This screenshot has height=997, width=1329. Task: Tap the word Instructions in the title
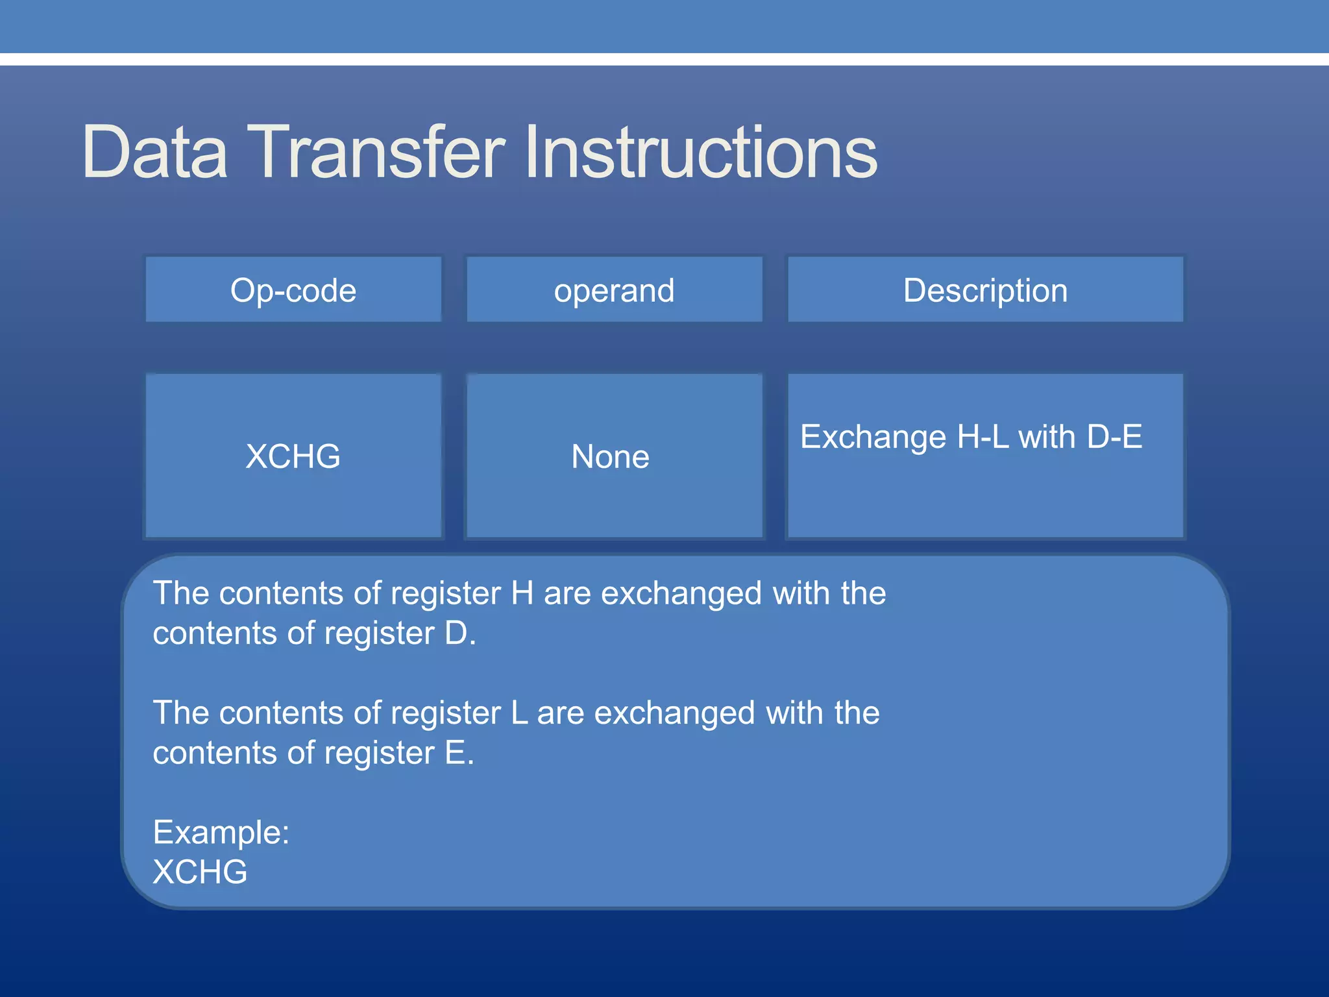pos(701,153)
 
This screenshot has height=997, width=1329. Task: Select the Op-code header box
pos(293,289)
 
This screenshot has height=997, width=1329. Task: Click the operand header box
pos(614,289)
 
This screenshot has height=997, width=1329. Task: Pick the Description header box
pos(985,289)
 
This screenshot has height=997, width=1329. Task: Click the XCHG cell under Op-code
pos(293,456)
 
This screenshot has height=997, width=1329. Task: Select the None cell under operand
pos(610,456)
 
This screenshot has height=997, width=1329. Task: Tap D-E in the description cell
pos(1114,436)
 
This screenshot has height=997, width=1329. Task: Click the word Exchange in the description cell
pos(873,436)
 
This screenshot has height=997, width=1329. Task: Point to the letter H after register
pos(522,593)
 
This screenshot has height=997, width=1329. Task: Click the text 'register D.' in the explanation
pos(400,634)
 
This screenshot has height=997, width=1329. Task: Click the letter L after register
pos(519,713)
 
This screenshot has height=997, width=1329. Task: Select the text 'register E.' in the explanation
pos(398,753)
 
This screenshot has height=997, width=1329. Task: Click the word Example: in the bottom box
pos(221,832)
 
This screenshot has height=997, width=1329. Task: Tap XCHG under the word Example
pos(200,872)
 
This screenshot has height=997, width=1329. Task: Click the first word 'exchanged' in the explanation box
pos(681,593)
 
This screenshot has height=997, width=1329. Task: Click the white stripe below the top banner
pos(664,59)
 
